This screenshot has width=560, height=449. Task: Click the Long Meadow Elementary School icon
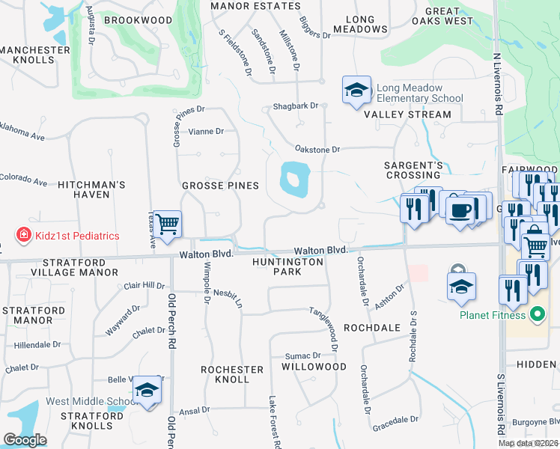click(356, 91)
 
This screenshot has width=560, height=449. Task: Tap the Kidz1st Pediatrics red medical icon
click(24, 236)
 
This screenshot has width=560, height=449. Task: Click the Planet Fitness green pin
click(536, 314)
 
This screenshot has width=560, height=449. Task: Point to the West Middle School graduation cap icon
click(147, 391)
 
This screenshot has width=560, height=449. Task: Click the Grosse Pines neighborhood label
click(220, 185)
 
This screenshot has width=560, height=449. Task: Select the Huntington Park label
click(287, 266)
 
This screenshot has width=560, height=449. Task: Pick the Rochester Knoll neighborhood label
click(232, 374)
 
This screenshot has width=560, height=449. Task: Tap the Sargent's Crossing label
click(413, 170)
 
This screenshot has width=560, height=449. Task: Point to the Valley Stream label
click(407, 114)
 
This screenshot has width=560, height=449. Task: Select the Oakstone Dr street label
click(317, 150)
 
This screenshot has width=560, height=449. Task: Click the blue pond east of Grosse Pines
click(294, 180)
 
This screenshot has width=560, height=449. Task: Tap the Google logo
click(25, 440)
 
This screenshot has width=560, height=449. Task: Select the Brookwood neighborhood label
click(138, 20)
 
